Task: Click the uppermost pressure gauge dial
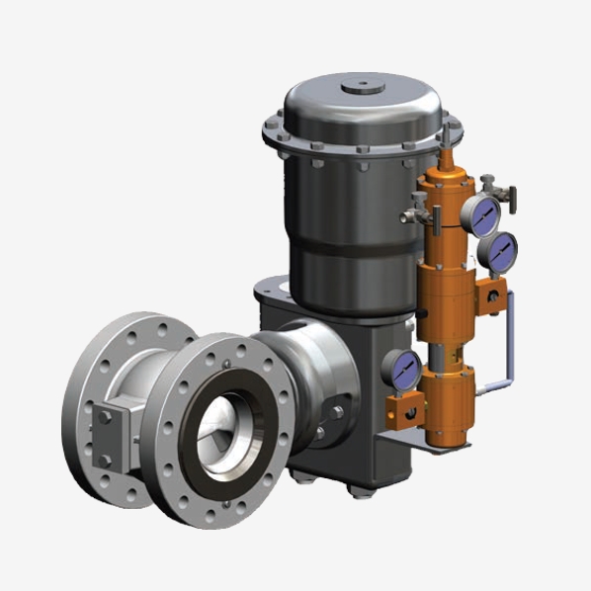(x=484, y=213)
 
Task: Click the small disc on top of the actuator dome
(x=362, y=88)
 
